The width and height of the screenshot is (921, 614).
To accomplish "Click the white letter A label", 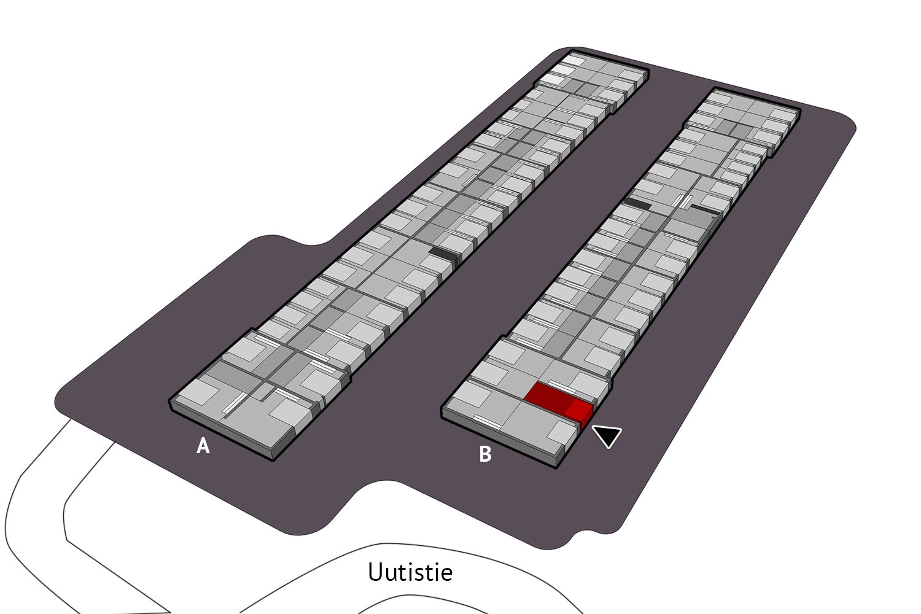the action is pos(203,446).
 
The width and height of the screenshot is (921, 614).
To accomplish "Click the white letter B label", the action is pos(485,454).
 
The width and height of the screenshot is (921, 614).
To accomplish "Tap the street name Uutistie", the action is pos(410,572).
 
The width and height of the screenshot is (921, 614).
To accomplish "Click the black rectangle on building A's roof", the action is pos(443,254).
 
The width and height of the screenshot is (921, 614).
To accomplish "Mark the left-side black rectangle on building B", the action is pos(638,203).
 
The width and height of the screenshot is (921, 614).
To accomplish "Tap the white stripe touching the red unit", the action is pos(561,386).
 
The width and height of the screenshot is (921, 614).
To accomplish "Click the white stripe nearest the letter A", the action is pos(235,403).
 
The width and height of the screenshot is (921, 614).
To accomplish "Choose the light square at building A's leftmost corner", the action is pos(199,391).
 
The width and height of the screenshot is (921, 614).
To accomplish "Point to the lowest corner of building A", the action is pos(273,460).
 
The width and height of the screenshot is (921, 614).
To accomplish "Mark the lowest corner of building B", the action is pos(556,468).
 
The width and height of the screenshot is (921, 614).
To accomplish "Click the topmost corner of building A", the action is pos(572,50).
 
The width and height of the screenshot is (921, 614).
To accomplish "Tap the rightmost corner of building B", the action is pos(800,111).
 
